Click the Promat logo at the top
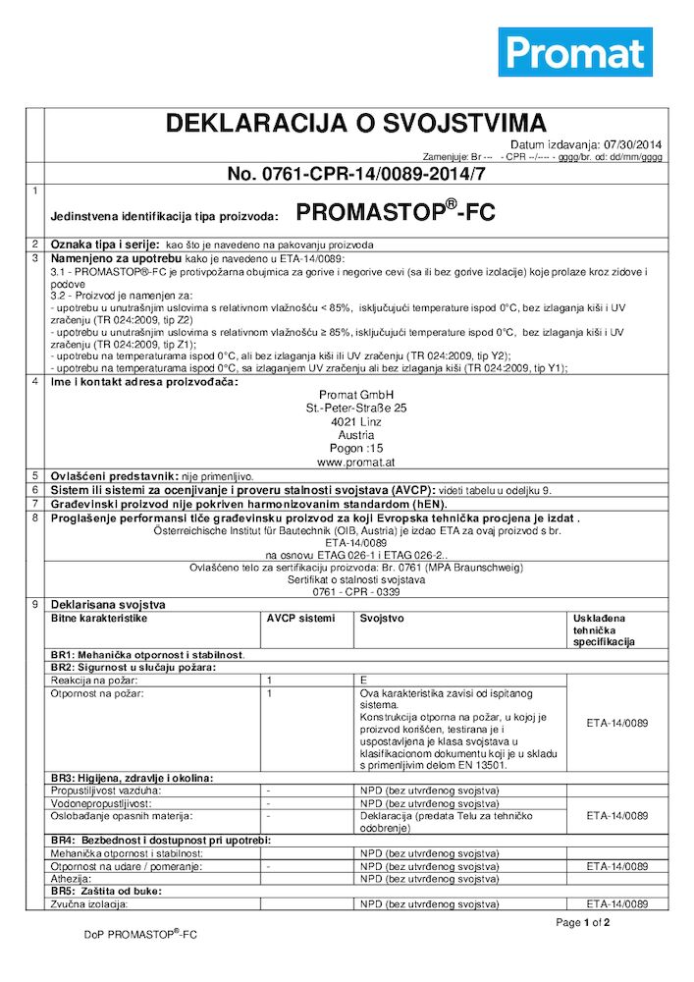575,52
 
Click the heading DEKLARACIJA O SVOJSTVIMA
355,124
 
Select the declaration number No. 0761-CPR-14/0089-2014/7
356,174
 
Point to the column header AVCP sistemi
300,619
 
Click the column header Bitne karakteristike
98,619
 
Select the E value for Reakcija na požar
363,680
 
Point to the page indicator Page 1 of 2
583,923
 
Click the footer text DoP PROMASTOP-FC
140,935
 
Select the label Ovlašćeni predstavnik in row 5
113,474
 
